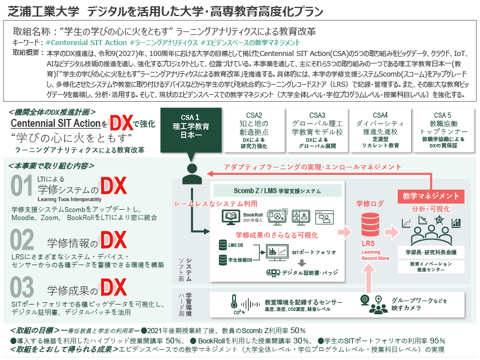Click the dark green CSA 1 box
coord(191,126)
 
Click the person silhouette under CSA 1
coord(191,173)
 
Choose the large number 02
coord(22,241)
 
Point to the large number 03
coord(22,287)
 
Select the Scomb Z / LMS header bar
coord(277,190)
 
